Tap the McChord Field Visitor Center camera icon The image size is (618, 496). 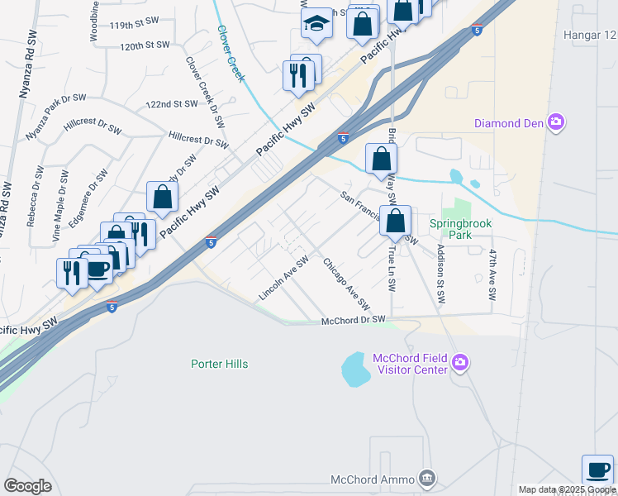tap(460, 362)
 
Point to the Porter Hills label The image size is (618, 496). tap(219, 364)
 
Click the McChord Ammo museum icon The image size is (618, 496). tap(426, 478)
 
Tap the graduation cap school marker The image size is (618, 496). tap(316, 26)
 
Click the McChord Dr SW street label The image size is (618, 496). tap(353, 320)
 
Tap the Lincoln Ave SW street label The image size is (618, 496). tap(283, 277)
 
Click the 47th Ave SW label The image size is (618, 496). tap(492, 269)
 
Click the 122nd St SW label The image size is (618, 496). tap(171, 104)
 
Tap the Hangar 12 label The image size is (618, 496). tap(589, 35)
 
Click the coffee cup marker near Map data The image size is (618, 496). tap(597, 470)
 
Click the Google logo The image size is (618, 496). tap(27, 486)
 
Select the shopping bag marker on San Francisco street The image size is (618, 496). tap(396, 222)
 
